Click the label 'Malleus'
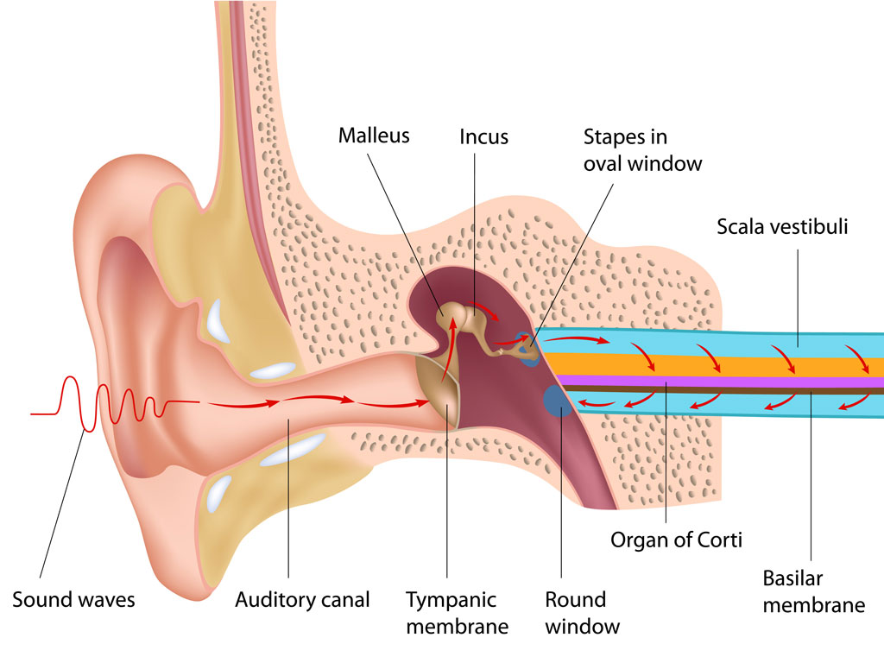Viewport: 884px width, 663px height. pos(373,136)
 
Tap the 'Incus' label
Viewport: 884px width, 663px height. pos(483,136)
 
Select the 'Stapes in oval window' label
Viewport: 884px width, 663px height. pos(642,149)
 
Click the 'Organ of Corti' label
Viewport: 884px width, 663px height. pos(677,540)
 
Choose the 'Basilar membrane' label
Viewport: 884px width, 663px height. pos(813,590)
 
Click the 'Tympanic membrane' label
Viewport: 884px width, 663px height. pos(457,611)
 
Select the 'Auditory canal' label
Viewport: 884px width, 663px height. pos(302,599)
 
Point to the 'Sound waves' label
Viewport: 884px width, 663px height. pos(73,599)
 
